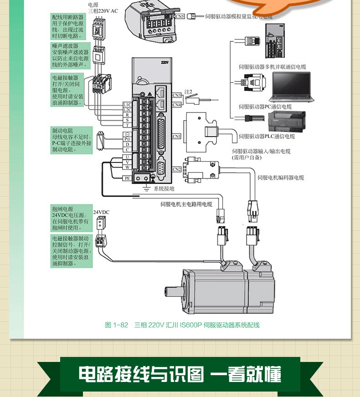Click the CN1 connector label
pos(177,136)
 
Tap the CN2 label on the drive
pos(177,169)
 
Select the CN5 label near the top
pos(180,16)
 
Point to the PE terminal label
pos(128,178)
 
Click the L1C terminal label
pos(128,104)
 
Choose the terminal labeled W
pos(128,168)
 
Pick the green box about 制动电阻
pos(72,140)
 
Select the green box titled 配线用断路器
pos(69,26)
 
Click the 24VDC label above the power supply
pos(101,212)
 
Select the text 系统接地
pos(164,188)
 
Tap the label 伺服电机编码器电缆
pos(281,178)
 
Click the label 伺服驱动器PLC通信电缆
pos(267,136)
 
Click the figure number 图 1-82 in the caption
pos(117,325)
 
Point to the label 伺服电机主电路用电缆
pos(186,204)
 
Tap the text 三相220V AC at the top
pos(103,11)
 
